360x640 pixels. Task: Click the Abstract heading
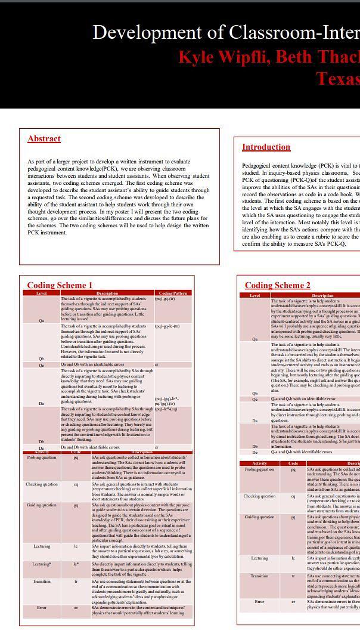pos(44,139)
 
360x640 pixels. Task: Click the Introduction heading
pos(266,147)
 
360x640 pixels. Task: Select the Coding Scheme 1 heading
pos(60,285)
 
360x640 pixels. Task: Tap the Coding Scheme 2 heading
pos(277,285)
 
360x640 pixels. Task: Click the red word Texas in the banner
pos(337,78)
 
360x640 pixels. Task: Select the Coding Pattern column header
pos(173,293)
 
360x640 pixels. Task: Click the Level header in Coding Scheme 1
pos(41,293)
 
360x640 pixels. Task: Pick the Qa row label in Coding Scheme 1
pos(41,320)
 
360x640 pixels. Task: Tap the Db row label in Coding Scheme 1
pos(41,441)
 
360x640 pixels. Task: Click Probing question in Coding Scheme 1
pos(42,457)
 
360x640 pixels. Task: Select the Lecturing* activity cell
pos(42,564)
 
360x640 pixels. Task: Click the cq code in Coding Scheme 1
pos(76,484)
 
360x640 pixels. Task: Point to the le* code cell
pos(76,564)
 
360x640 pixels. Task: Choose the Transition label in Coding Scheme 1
pos(42,581)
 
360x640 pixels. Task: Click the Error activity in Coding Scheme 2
pos(259,602)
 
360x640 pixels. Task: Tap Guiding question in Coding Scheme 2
pos(259,517)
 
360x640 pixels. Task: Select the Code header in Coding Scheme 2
pos(293,463)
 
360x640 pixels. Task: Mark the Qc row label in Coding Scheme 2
pos(255,399)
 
